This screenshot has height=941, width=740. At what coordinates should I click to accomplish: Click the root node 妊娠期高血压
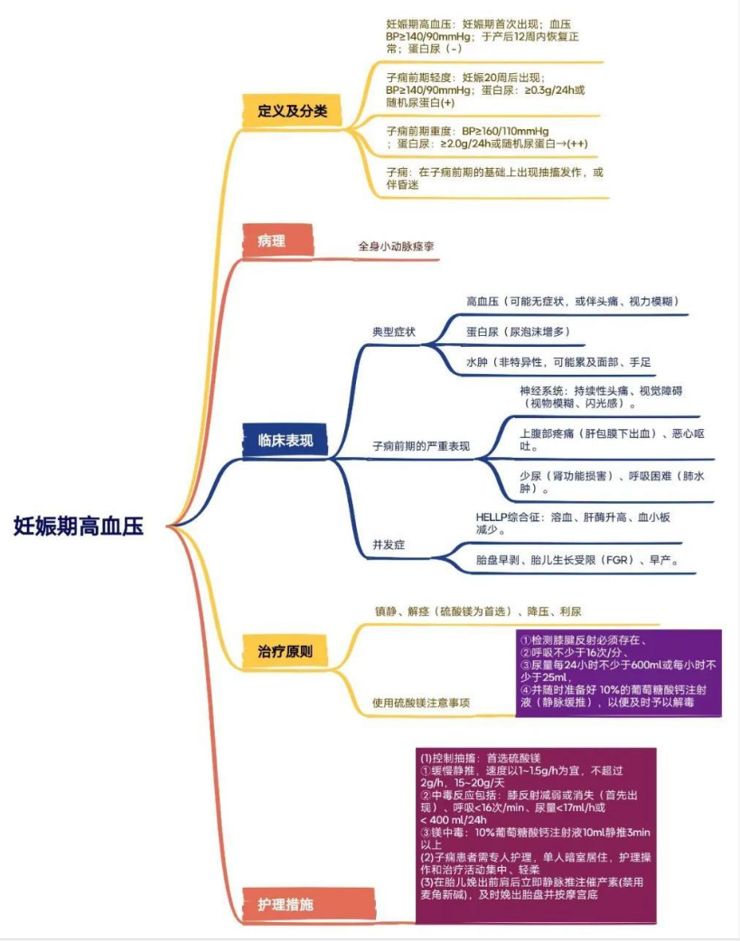point(79,526)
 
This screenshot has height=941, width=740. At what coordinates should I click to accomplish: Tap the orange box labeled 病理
point(271,241)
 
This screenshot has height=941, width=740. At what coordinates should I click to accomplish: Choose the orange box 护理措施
point(286,903)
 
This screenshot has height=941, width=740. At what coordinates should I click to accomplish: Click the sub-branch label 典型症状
point(394,331)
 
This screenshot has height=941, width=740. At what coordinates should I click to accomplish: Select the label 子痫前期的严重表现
point(421,446)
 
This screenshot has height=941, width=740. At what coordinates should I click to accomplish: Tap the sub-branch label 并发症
point(389,545)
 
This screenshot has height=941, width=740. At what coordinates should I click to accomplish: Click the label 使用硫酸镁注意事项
point(421,702)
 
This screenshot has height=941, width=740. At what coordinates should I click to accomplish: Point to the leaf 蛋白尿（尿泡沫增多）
point(518,331)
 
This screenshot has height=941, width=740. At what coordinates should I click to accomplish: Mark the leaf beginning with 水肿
point(558,361)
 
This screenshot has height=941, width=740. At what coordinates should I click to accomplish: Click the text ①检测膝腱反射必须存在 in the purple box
point(583,639)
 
